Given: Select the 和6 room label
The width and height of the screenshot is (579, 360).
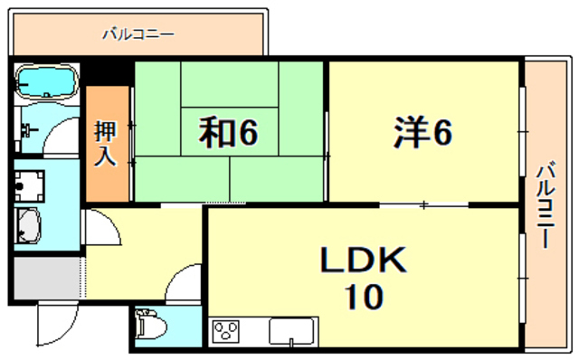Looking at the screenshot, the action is (229, 133).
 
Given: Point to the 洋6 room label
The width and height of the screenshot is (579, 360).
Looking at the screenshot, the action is (422, 133).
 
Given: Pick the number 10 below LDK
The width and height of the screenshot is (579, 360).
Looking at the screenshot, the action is (362, 296).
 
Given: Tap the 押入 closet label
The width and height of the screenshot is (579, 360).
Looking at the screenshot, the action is (106, 144).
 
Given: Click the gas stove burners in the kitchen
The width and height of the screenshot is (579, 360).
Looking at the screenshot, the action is (225, 332).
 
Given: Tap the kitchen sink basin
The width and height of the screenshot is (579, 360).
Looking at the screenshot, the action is (291, 333).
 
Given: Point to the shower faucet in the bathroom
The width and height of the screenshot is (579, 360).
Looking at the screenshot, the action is (28, 127).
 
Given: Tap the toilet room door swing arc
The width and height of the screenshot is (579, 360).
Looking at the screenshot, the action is (185, 285).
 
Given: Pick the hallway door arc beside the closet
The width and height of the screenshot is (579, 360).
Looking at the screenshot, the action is (101, 226).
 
